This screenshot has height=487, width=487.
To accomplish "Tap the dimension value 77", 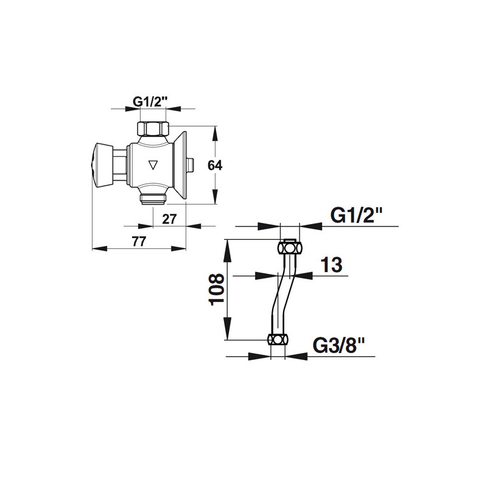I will pos(139,242).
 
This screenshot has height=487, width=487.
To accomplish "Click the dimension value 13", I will pos(331,265).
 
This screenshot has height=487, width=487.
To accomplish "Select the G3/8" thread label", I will pos(338,346).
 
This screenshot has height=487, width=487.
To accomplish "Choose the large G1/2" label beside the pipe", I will pos(356,215).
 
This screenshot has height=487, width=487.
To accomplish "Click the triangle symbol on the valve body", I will pos(153,164).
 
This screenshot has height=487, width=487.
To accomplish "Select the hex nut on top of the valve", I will pos(152,128).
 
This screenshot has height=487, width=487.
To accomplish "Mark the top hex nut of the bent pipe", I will pos(290,248).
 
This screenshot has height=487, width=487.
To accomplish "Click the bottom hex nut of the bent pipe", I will pos(279,340).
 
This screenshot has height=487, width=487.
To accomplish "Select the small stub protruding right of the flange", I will pos(191,164).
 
